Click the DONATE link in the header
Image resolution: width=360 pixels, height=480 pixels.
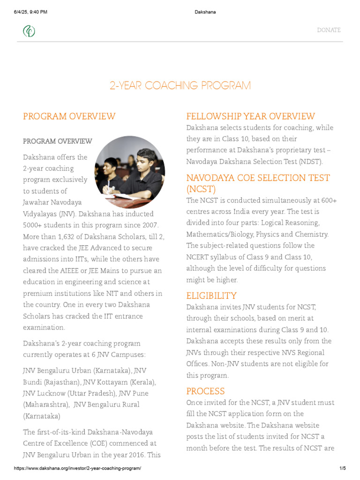point(329,30)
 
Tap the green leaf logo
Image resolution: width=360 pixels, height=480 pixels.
point(30,31)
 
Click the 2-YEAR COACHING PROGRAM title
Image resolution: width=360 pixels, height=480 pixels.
point(180,86)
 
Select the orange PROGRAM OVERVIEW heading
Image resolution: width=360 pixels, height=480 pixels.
point(69,116)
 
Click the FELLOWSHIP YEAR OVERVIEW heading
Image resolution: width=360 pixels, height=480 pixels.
point(251,116)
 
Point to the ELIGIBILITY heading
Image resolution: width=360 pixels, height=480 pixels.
point(211,296)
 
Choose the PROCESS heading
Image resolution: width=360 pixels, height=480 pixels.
point(206,391)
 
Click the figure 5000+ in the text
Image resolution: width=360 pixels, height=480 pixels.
point(34,225)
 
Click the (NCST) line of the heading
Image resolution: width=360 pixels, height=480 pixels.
point(201,189)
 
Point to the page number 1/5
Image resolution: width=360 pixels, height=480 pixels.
point(342,468)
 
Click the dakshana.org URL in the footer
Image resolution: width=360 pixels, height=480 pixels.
point(77,468)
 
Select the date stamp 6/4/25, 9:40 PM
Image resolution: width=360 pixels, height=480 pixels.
point(31,12)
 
